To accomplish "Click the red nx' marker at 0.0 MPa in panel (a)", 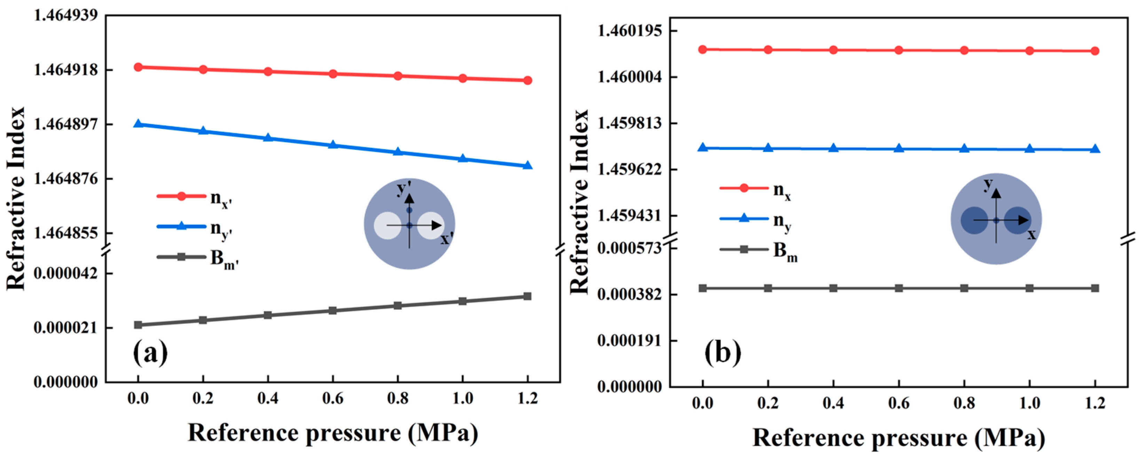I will (138, 67).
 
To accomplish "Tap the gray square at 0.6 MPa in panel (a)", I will (333, 310).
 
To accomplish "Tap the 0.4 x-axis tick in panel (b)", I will (833, 403).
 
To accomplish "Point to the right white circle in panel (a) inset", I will (431, 226).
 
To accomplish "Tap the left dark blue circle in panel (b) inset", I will (975, 220).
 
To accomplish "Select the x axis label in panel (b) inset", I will (1032, 234).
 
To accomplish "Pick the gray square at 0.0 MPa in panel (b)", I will (702, 288).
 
